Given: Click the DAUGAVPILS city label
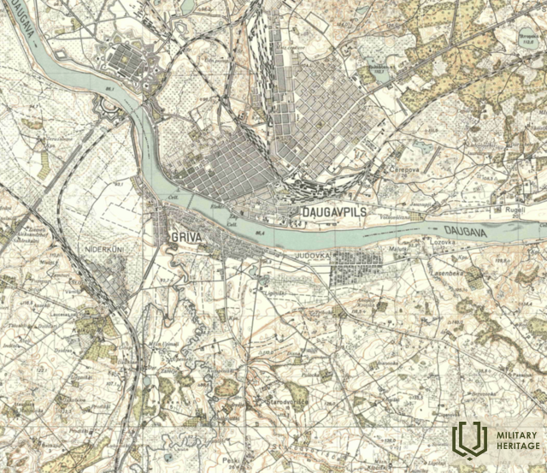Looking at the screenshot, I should [334, 210].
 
